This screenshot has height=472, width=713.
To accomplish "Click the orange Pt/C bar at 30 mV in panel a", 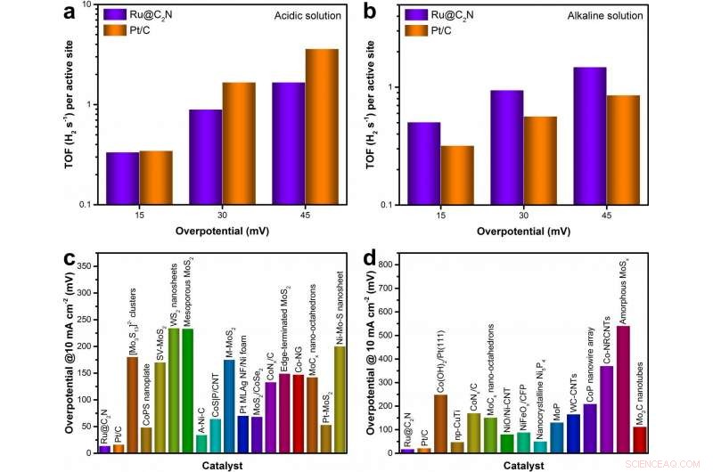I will (x=239, y=142).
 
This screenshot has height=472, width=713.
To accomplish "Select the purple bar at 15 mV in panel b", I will (x=423, y=163).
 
